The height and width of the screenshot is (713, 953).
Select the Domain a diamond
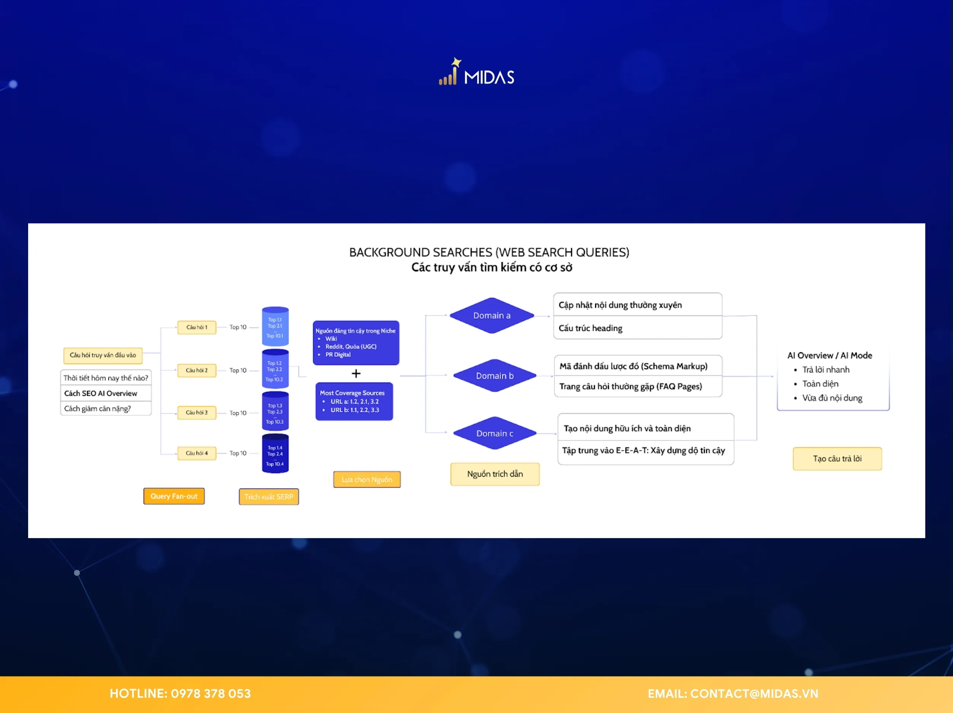pyautogui.click(x=492, y=315)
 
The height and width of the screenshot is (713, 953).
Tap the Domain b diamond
pyautogui.click(x=495, y=376)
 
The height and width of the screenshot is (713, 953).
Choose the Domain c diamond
pyautogui.click(x=495, y=433)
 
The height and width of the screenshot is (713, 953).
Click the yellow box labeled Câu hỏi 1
pyautogui.click(x=197, y=327)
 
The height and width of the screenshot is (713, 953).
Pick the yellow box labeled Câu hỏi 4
pyautogui.click(x=197, y=453)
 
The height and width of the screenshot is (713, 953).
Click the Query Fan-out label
pyautogui.click(x=174, y=496)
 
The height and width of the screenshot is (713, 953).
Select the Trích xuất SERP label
pyautogui.click(x=268, y=496)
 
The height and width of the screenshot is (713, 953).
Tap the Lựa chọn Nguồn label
pyautogui.click(x=367, y=479)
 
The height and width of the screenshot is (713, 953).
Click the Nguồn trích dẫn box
pyautogui.click(x=495, y=474)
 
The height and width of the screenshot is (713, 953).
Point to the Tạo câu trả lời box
pyautogui.click(x=837, y=458)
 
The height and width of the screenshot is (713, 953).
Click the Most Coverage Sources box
pyautogui.click(x=354, y=401)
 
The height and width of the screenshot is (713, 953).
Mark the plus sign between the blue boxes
pyautogui.click(x=356, y=373)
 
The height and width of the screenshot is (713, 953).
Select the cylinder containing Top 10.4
pyautogui.click(x=275, y=454)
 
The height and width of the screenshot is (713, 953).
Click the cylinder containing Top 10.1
pyautogui.click(x=275, y=326)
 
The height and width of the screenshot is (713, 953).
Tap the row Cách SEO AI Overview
pyautogui.click(x=106, y=393)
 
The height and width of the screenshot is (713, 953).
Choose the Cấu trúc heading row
pyautogui.click(x=637, y=328)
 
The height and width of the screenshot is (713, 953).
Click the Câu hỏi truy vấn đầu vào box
pyautogui.click(x=103, y=355)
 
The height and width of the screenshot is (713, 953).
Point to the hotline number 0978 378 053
pyautogui.click(x=210, y=694)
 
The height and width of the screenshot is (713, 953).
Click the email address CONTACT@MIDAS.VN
pyautogui.click(x=754, y=694)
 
